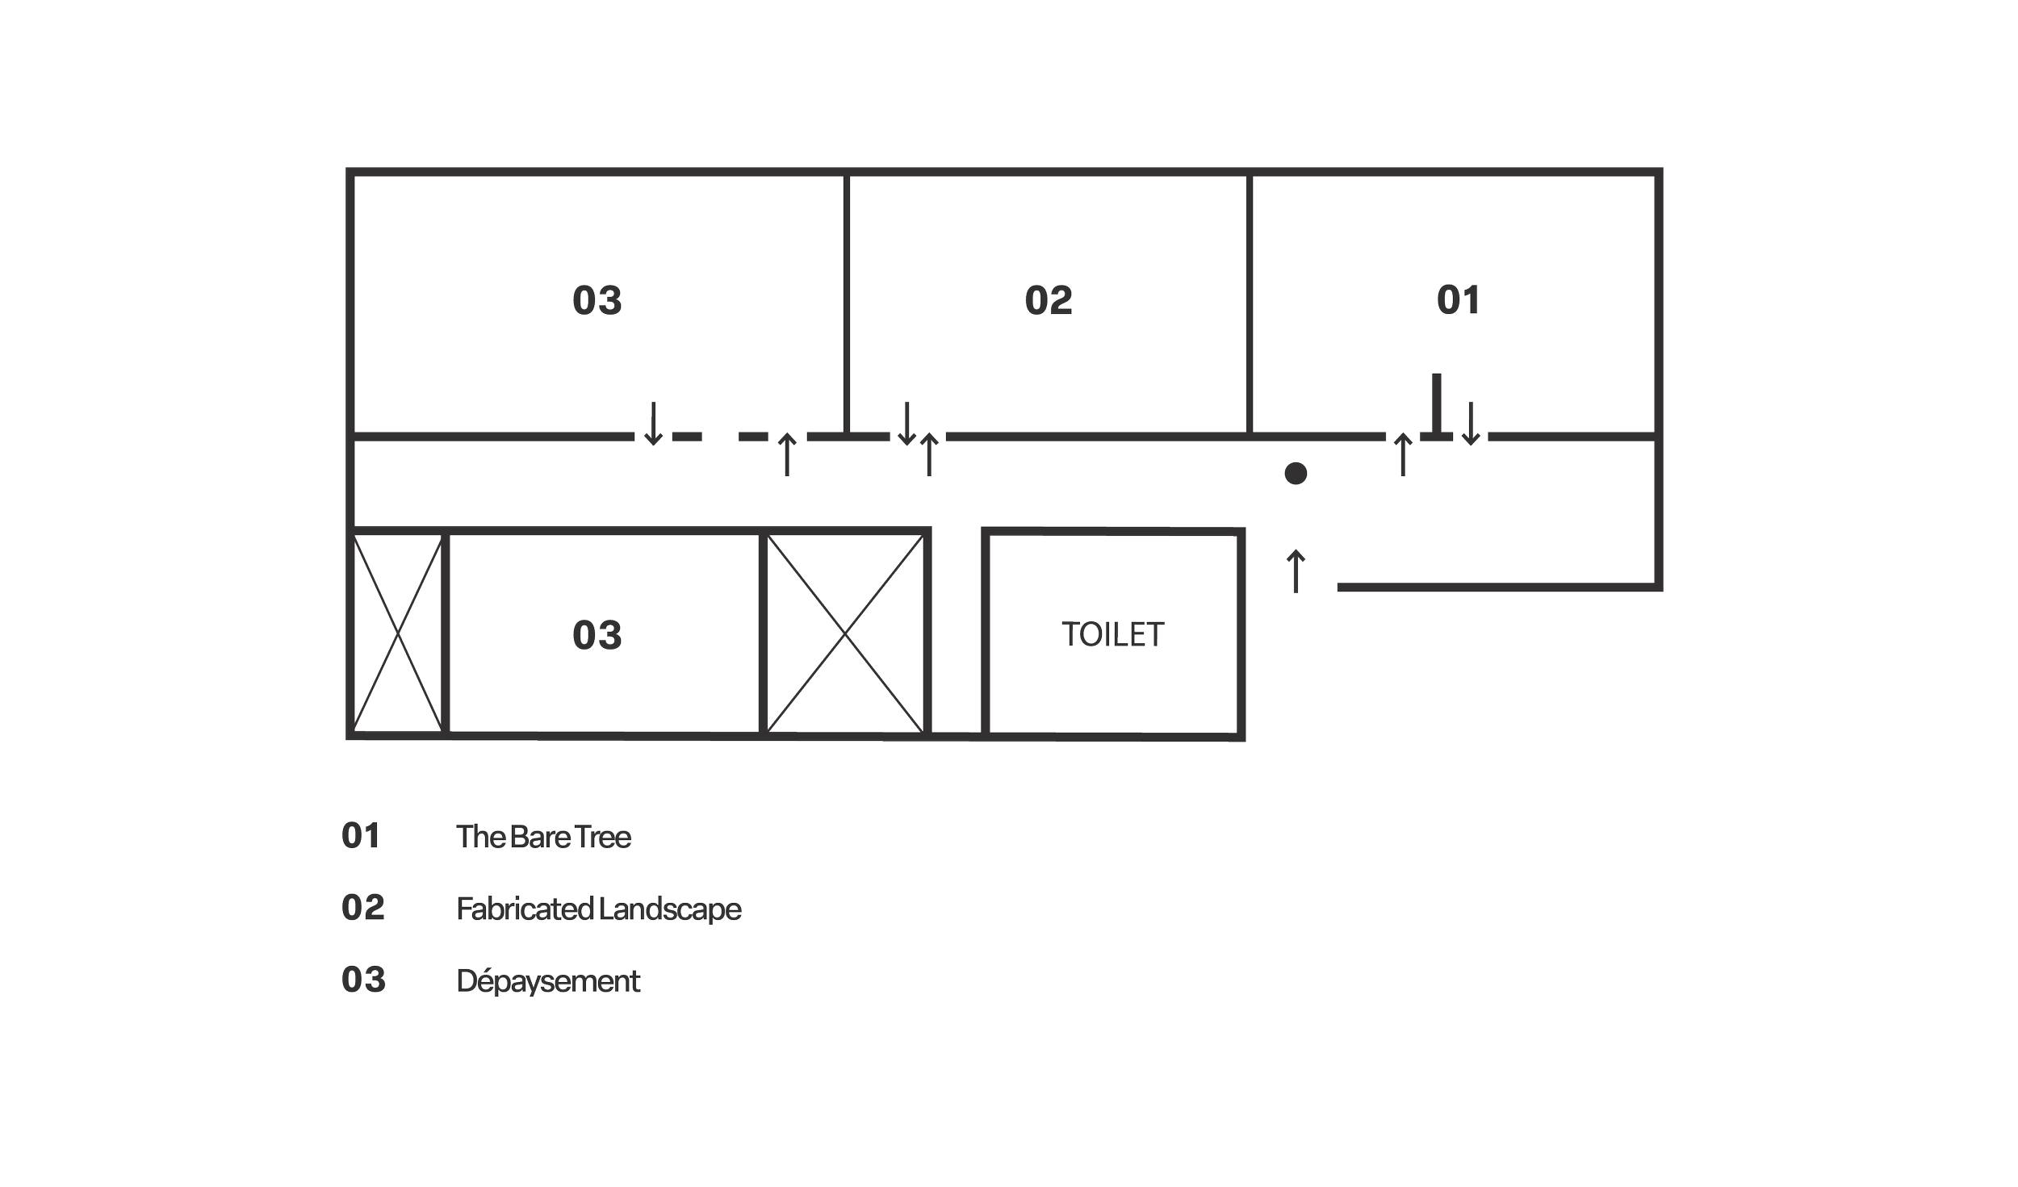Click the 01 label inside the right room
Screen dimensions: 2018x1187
(1458, 301)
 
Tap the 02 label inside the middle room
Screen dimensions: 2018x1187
(1048, 301)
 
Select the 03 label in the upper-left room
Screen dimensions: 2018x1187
(597, 301)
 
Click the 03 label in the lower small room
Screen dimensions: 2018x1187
(597, 635)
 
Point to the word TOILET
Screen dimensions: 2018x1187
(1114, 635)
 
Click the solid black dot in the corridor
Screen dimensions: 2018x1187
(1296, 474)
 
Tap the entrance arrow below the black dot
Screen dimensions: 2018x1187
(1296, 571)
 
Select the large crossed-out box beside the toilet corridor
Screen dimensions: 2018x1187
(844, 633)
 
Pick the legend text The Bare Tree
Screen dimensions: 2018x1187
(544, 837)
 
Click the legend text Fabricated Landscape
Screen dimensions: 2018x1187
(598, 909)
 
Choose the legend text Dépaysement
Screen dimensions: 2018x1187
(548, 981)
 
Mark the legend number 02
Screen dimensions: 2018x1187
(362, 908)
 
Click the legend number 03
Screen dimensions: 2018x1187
(362, 980)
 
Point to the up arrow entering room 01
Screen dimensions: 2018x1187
(1403, 453)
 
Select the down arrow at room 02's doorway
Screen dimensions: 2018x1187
(906, 424)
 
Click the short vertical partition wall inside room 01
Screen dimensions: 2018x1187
(1434, 403)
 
